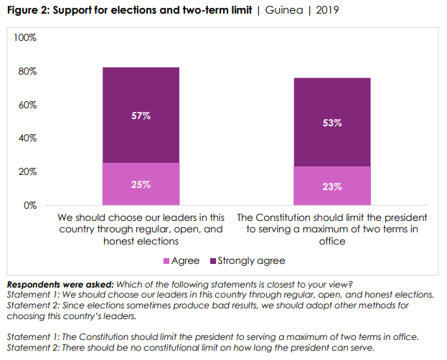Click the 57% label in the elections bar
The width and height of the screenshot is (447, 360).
click(141, 115)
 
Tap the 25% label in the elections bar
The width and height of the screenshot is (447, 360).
click(141, 184)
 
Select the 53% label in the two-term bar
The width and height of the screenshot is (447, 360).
click(332, 123)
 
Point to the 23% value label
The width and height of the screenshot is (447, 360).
click(332, 186)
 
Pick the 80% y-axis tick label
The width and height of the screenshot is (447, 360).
click(27, 71)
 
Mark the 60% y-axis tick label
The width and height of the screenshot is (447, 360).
click(27, 105)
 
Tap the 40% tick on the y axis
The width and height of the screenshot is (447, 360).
click(27, 138)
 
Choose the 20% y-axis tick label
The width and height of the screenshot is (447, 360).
click(27, 171)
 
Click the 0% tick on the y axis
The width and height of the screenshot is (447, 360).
click(30, 205)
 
